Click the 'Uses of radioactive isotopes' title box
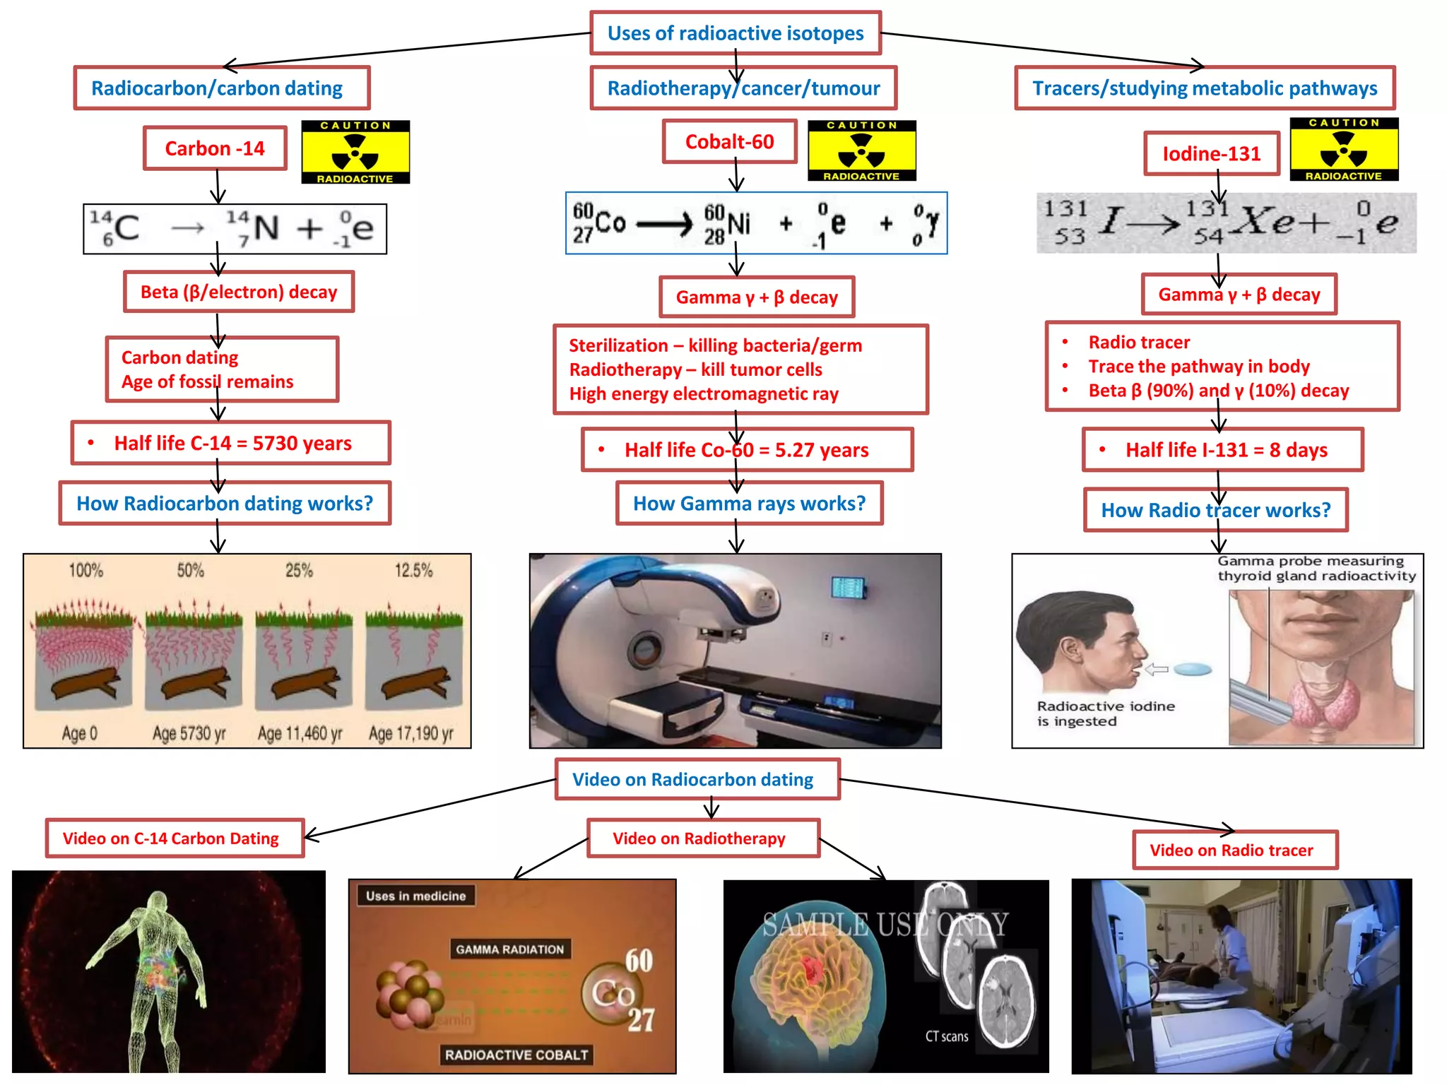click(x=736, y=33)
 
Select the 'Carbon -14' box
click(x=215, y=148)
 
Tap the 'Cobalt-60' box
click(x=729, y=142)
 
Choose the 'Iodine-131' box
click(x=1211, y=154)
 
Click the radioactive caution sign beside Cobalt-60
click(x=861, y=150)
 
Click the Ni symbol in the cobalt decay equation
click(x=738, y=224)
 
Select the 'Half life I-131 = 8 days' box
click(x=1222, y=450)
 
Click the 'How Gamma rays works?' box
click(x=749, y=504)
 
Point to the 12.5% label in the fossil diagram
click(x=413, y=571)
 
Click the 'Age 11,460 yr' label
click(x=300, y=734)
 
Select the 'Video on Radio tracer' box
click(x=1234, y=850)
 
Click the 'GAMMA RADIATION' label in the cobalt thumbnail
click(x=509, y=949)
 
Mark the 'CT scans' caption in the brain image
click(x=947, y=1036)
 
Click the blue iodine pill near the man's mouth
click(x=1192, y=670)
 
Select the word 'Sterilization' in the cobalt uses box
click(x=618, y=346)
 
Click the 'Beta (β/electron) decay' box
click(x=239, y=292)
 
